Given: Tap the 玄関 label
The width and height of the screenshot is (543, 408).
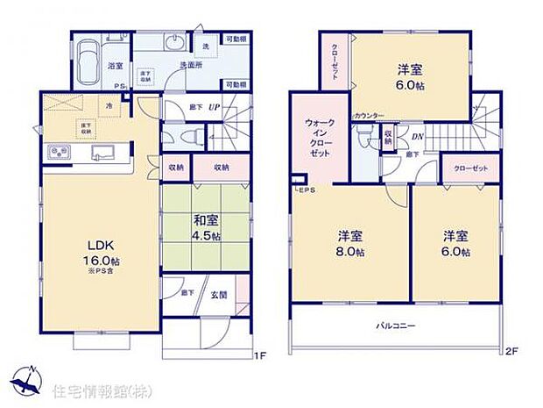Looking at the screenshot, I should pos(218,296).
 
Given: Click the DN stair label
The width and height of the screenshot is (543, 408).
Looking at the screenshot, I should pos(418,137).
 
